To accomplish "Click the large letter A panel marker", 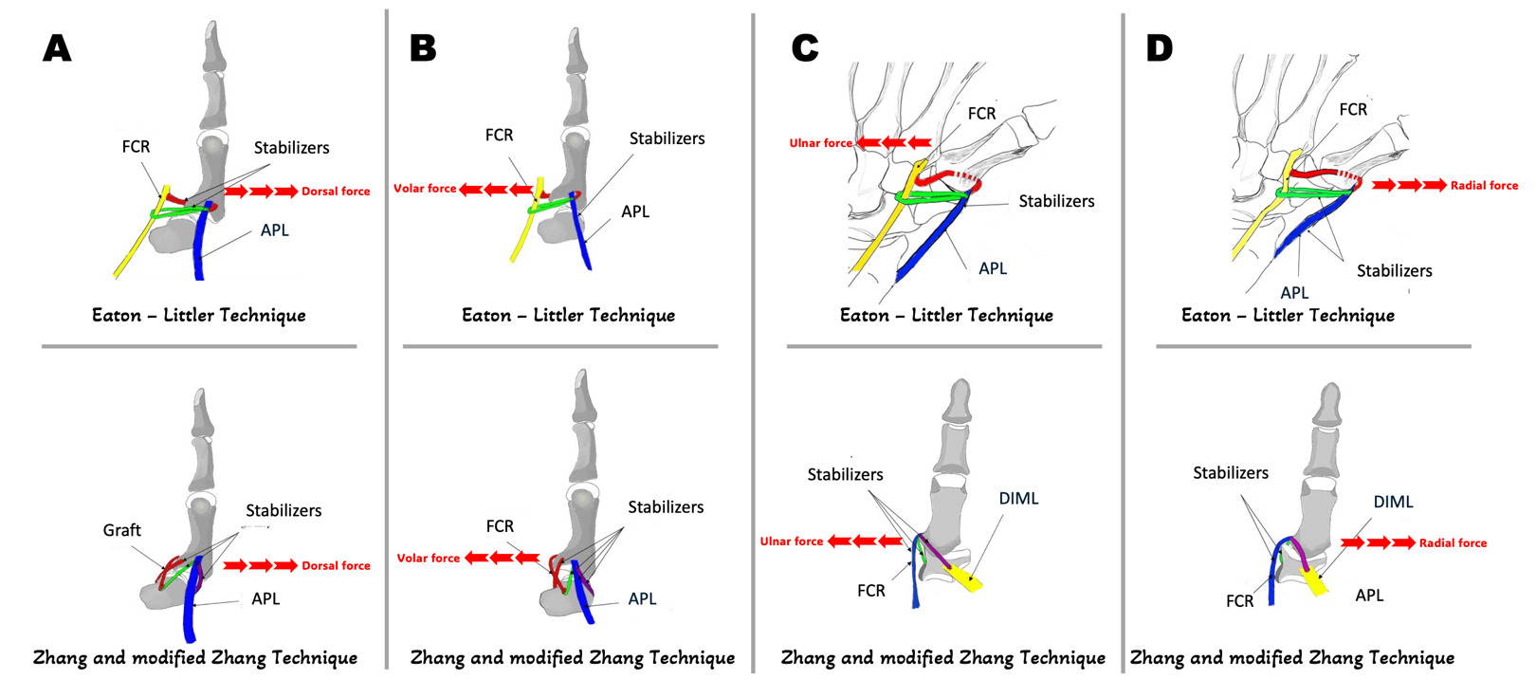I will pos(57,48).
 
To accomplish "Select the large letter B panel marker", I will pos(423,48).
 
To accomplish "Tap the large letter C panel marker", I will pos(805,48).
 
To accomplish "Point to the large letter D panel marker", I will pos(1159,48).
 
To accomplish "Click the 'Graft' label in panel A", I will pos(121,530).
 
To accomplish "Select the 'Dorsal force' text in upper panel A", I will pos(336,192).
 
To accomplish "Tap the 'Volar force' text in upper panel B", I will pos(425,189).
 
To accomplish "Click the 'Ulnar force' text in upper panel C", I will pos(821,143).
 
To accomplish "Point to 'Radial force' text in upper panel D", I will pos(1484,186).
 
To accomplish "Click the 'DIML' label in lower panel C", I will pos(1018,499).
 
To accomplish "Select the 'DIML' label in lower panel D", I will pos(1393,502).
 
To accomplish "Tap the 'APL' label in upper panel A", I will pos(275,230).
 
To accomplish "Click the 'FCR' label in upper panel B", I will pos(499,136).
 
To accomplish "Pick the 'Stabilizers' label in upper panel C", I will pos(1056,201).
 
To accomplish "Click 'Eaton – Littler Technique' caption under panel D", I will pos(1288,315).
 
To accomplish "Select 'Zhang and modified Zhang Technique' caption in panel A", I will pos(195,657).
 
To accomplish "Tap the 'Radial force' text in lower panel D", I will pos(1453,543).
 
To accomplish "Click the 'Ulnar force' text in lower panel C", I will pos(792,541).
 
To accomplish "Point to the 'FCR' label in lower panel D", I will pos(1239,601).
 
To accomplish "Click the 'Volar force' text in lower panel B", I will pos(429,559).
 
